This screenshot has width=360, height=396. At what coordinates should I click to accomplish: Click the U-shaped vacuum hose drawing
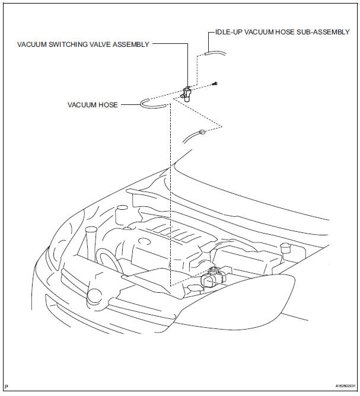tap(153, 104)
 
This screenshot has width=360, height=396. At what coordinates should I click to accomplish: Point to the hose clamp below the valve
tap(202, 131)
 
